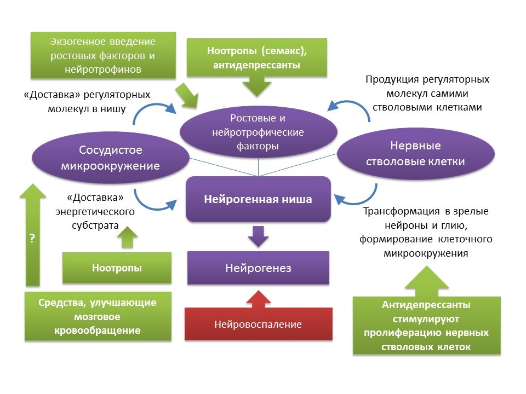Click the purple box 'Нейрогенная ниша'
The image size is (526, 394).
258,199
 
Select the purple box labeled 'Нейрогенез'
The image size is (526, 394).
258,268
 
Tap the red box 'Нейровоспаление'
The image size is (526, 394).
258,325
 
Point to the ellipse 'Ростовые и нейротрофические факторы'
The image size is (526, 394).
258,132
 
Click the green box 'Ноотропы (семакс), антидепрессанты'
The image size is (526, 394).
257,57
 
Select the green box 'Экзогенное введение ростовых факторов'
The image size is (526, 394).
103,55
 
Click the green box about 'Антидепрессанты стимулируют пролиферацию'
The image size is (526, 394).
427,326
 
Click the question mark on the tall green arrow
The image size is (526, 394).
32,239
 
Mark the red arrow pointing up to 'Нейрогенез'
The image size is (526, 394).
258,298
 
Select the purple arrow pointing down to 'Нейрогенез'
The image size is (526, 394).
258,236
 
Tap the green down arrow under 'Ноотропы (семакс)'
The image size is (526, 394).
257,86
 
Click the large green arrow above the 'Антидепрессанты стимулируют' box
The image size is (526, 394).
427,280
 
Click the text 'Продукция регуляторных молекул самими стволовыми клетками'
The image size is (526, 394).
427,93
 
